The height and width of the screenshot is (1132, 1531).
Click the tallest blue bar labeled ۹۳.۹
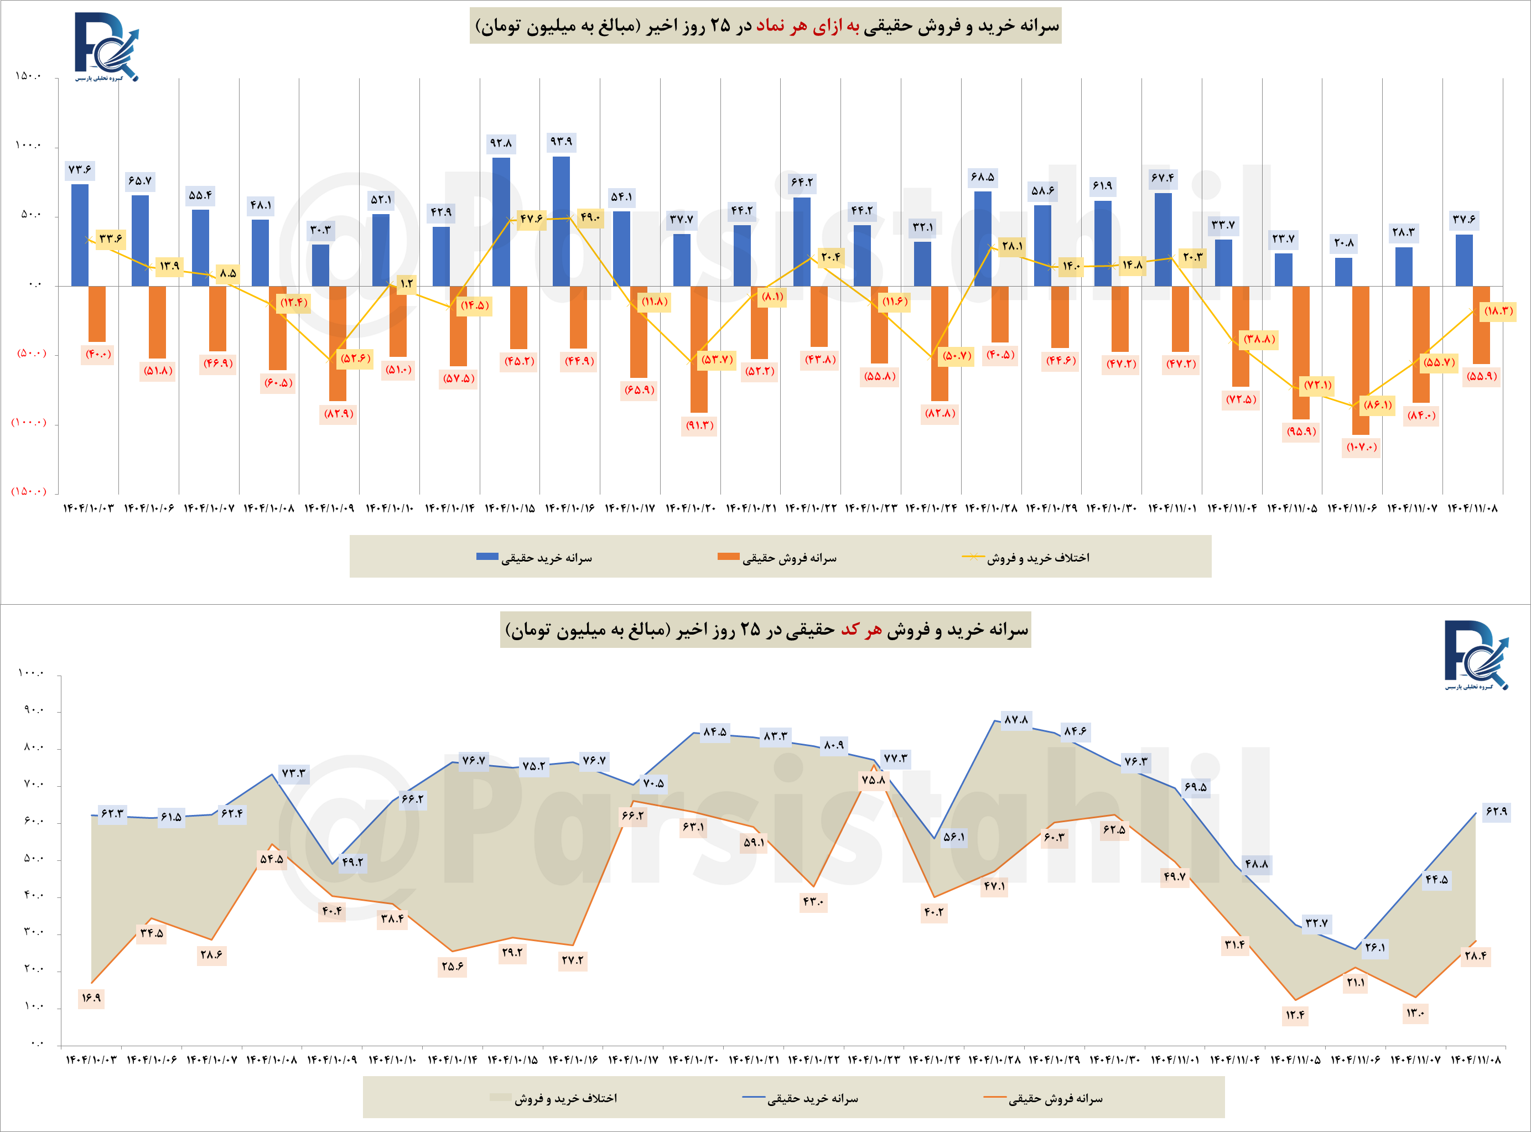560,221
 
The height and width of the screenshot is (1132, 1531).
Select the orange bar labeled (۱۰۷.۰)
1361,360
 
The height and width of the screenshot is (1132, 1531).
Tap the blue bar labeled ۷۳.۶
80,235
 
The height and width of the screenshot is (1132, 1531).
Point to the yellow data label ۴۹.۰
589,218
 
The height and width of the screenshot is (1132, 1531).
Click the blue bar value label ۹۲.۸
500,143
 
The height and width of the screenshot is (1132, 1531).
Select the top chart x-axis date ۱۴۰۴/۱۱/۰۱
1172,508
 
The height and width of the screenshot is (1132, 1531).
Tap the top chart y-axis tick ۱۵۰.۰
28,76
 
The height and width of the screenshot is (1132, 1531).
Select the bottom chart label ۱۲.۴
1295,1015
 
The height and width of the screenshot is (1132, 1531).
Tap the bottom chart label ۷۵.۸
873,780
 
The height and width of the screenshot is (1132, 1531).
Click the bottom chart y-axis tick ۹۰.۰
33,710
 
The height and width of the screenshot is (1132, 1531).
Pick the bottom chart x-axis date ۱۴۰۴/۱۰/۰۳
91,1060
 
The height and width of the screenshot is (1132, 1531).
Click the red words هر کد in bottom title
861,630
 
